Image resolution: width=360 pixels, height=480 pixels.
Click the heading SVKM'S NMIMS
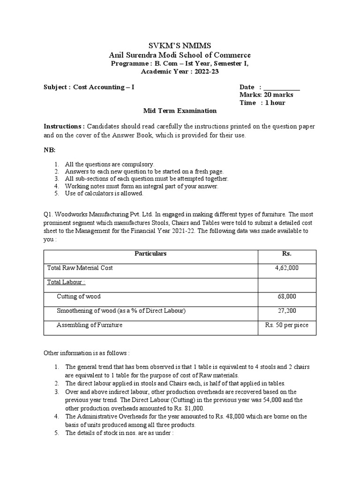(x=180, y=45)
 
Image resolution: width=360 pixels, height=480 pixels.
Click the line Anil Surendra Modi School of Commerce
(x=180, y=55)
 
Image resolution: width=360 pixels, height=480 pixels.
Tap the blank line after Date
(x=282, y=88)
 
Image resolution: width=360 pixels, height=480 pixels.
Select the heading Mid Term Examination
(x=180, y=111)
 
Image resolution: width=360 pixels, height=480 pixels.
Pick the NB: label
(x=50, y=150)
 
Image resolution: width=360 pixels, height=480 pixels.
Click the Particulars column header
(x=150, y=254)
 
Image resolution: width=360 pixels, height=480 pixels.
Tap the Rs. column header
(x=286, y=254)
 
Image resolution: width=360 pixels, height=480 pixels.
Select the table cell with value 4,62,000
(x=286, y=268)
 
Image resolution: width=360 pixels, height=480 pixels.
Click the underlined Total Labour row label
(x=66, y=282)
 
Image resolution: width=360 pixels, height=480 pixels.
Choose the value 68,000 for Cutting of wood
(x=286, y=297)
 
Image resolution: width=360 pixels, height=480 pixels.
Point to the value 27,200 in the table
(x=286, y=311)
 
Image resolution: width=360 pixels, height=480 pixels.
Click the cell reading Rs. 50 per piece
(x=286, y=325)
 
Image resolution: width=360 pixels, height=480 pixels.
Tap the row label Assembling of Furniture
(x=90, y=325)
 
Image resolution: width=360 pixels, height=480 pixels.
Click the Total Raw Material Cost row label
(x=80, y=268)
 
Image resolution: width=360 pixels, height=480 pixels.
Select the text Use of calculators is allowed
(x=104, y=193)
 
